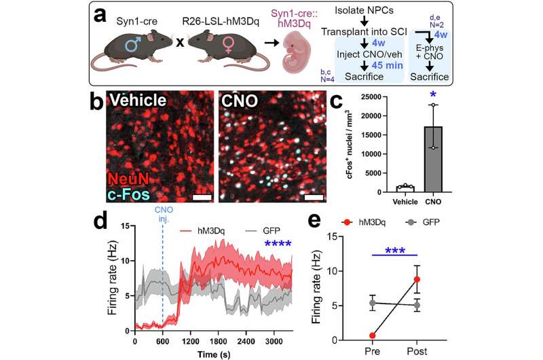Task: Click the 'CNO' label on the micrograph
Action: [240, 101]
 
